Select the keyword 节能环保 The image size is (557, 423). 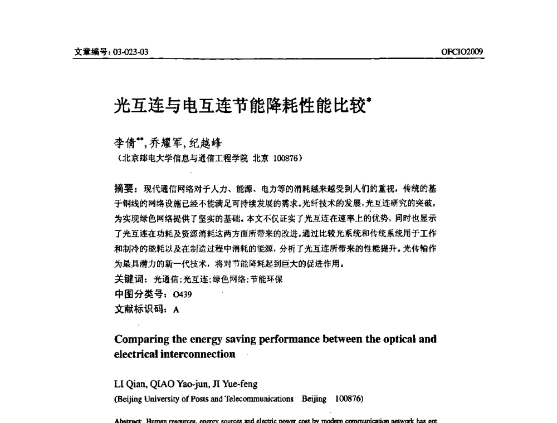click(267, 279)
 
